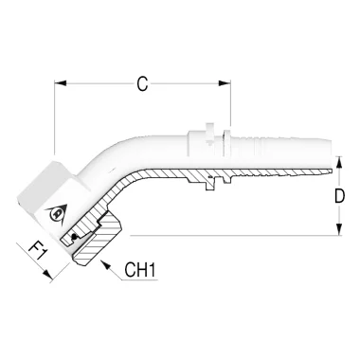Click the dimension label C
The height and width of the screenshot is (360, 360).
tap(142, 84)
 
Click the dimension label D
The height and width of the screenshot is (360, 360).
tap(340, 196)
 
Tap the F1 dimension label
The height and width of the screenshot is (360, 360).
tap(37, 249)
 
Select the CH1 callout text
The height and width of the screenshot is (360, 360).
tap(140, 270)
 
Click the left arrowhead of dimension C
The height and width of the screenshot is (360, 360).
tap(61, 83)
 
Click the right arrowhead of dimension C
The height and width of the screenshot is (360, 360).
tap(225, 83)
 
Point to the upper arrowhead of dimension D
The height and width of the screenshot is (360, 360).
tap(339, 162)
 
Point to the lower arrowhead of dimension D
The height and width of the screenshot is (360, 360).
tap(339, 229)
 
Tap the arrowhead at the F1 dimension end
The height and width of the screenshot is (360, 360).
tap(47, 274)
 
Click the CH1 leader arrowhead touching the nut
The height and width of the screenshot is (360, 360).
tap(105, 264)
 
